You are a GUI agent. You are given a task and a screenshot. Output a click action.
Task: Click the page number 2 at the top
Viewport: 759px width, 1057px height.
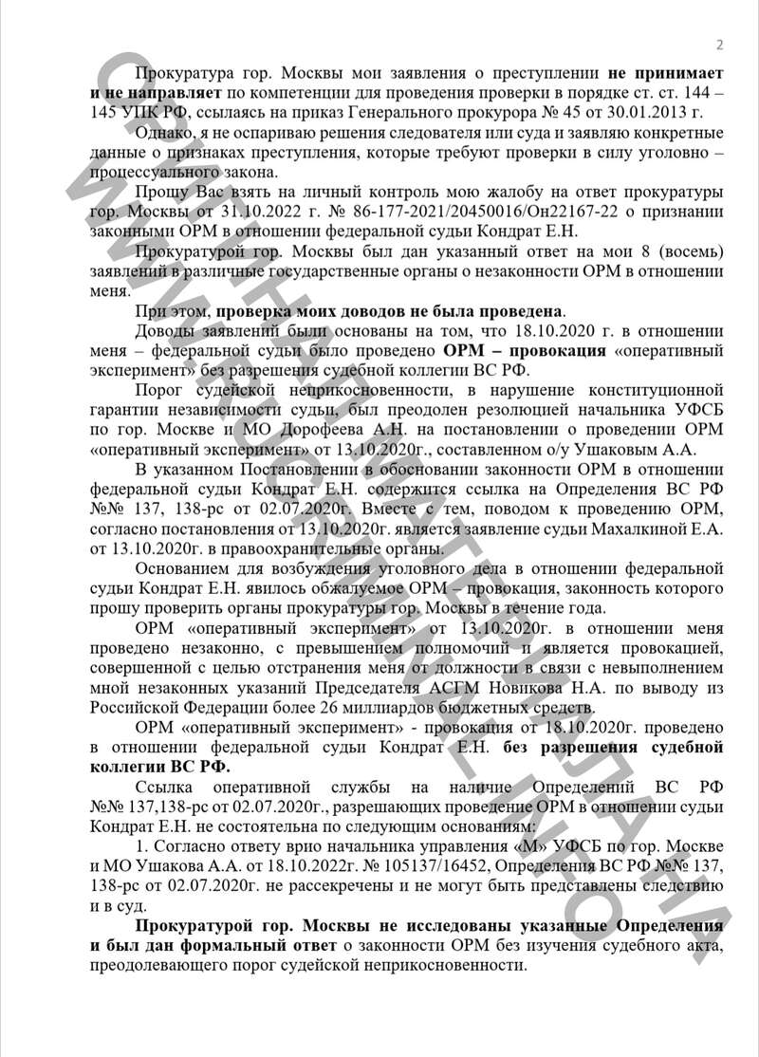719,45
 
